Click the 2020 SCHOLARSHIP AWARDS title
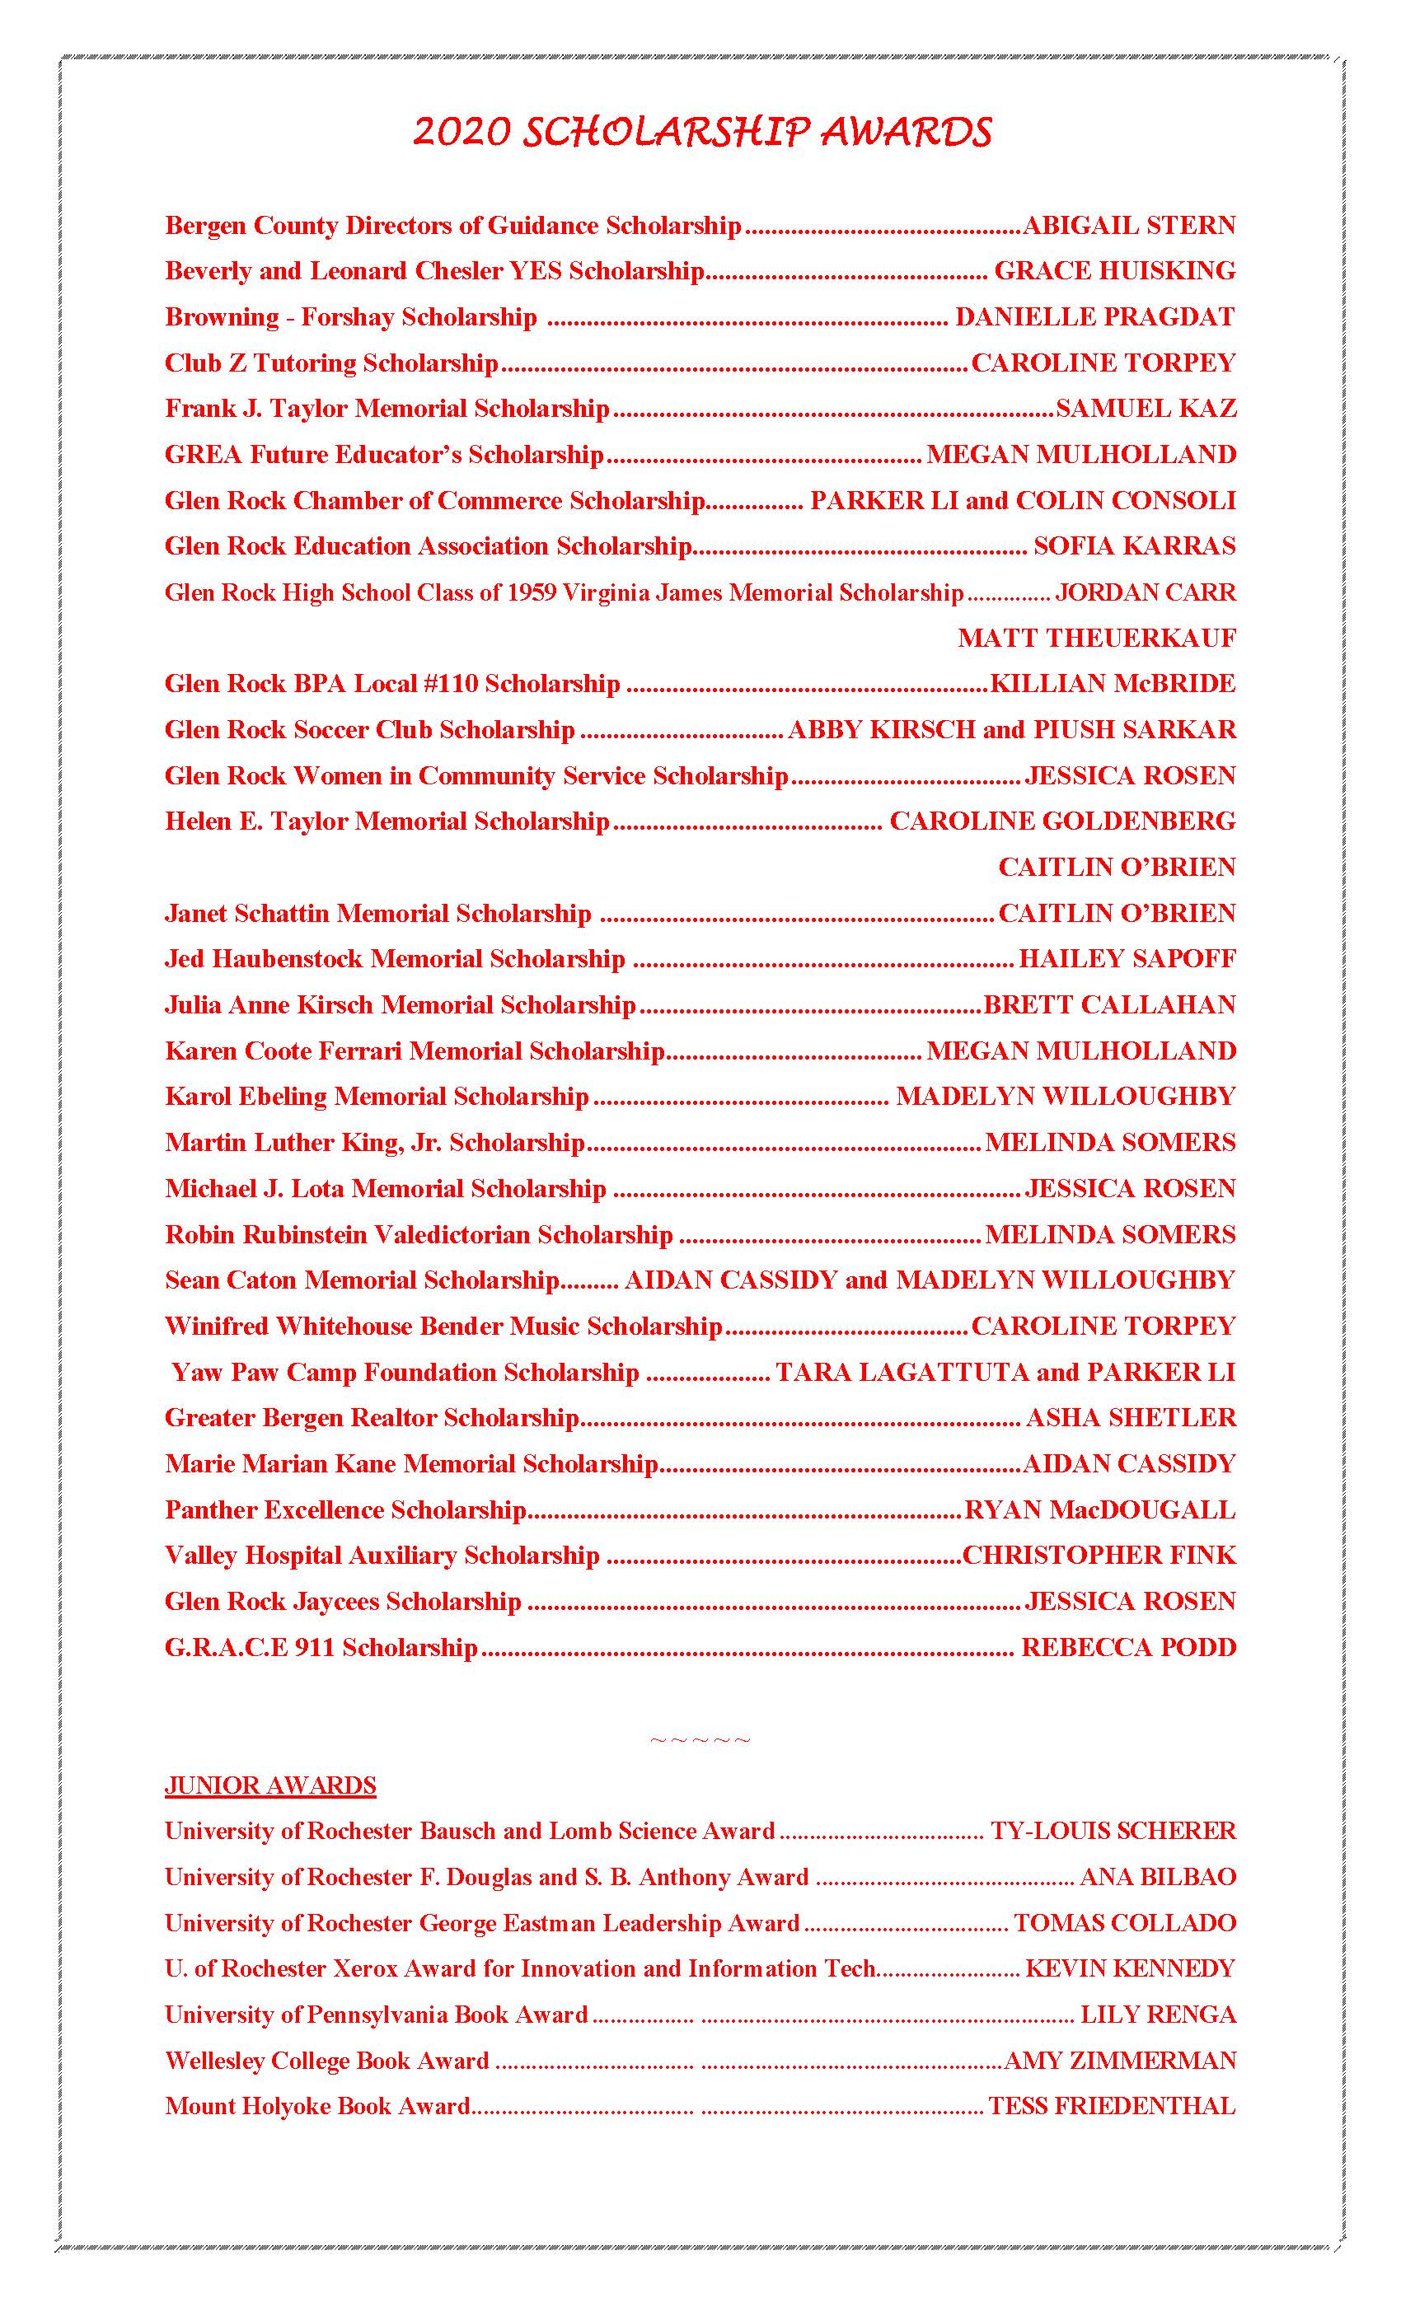click(x=701, y=132)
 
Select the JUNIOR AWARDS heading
click(x=269, y=1785)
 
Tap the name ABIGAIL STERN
click(x=1129, y=226)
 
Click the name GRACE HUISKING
click(x=1114, y=272)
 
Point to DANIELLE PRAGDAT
click(x=1094, y=317)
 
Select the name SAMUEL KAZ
click(x=1146, y=409)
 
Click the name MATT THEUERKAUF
click(x=1097, y=639)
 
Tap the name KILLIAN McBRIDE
click(x=1113, y=685)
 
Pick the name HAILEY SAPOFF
click(x=1127, y=960)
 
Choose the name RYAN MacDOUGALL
click(x=1099, y=1510)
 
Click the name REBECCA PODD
click(x=1128, y=1648)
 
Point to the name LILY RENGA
click(x=1159, y=2015)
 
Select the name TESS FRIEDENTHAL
click(x=1112, y=2107)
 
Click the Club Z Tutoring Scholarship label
click(x=331, y=363)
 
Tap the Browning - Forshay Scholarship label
click(x=351, y=317)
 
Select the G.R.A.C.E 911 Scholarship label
click(x=321, y=1648)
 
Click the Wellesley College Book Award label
click(x=327, y=2061)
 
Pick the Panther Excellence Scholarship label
click(x=345, y=1510)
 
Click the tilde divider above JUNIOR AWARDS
click(x=700, y=1740)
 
